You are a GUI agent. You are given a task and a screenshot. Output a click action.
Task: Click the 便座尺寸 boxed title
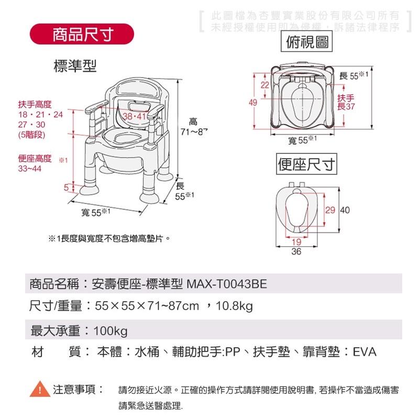pos(307,166)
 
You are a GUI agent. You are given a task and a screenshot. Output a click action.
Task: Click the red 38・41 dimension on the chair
pos(134,116)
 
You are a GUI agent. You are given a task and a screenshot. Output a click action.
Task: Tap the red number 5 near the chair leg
pos(67,187)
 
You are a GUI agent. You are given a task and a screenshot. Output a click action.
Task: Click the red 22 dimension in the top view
pos(264,85)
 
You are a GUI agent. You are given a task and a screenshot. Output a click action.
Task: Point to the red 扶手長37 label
pos(346,102)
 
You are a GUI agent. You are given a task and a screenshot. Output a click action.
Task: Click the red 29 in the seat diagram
pos(330,210)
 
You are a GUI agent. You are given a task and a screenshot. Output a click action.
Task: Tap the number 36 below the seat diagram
pos(296,251)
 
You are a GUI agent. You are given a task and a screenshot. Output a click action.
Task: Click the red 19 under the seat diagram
pos(296,242)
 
